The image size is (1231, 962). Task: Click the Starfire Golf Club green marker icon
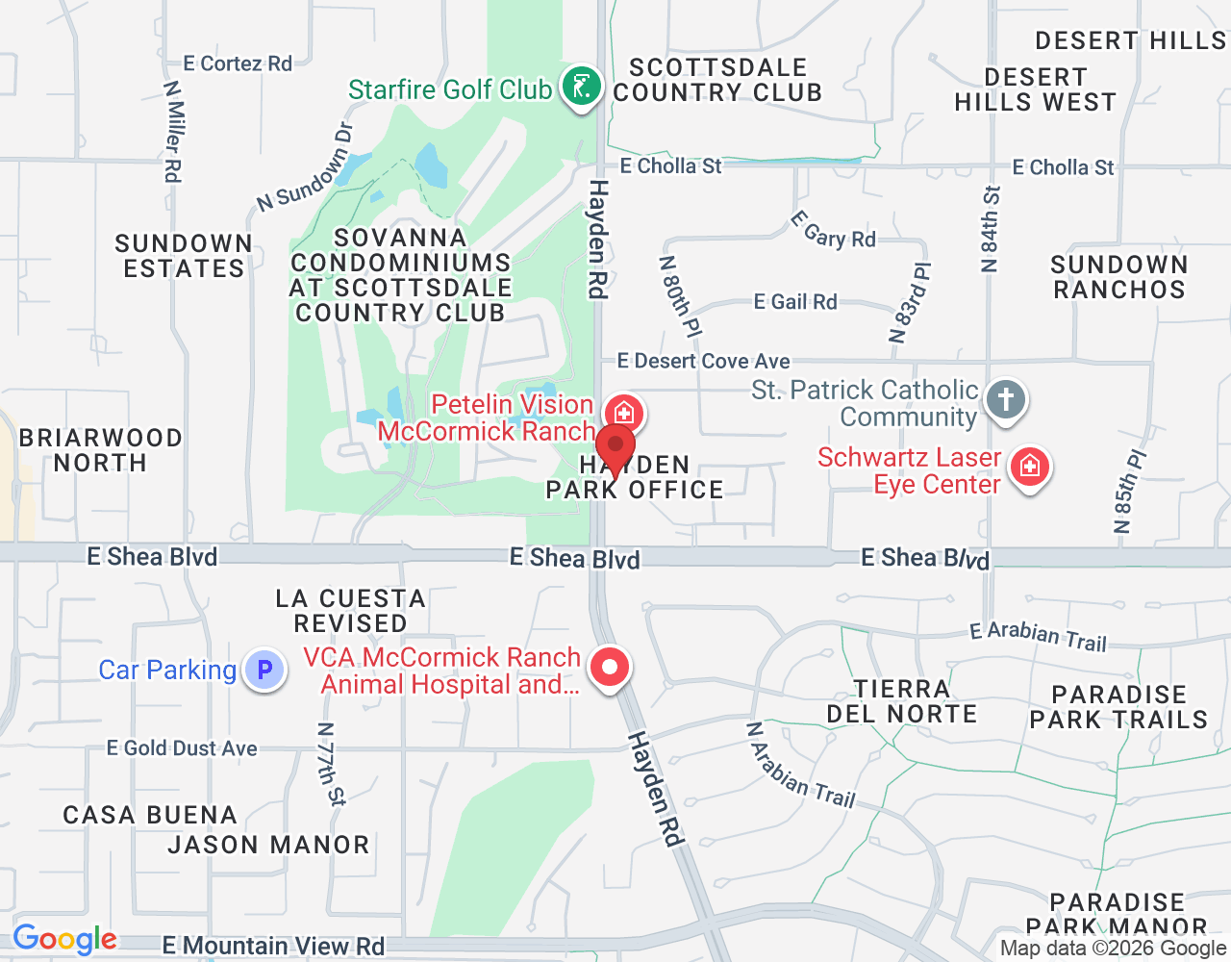point(581,88)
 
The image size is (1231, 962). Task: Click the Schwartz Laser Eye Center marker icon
point(1030,468)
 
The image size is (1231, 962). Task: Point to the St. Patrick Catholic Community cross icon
point(1006,398)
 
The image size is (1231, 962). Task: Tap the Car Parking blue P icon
point(264,670)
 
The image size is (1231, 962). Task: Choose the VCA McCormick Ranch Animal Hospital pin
point(609,667)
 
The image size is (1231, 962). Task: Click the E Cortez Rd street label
point(238,63)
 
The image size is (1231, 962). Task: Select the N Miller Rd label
point(173,131)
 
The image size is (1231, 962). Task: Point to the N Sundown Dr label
point(306,168)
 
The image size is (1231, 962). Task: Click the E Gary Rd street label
point(833,231)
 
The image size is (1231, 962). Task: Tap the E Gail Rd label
point(795,302)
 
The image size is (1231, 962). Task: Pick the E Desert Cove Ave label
point(703,362)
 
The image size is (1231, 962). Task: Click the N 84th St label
point(991,229)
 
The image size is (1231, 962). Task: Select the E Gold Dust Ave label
point(182,748)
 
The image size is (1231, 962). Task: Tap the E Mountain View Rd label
point(273,947)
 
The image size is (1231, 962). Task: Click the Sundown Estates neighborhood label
point(184,256)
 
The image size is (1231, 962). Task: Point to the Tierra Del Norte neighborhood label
point(902,701)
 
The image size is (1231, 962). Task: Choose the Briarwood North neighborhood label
point(100,450)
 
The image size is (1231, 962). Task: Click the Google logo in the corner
point(64,939)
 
